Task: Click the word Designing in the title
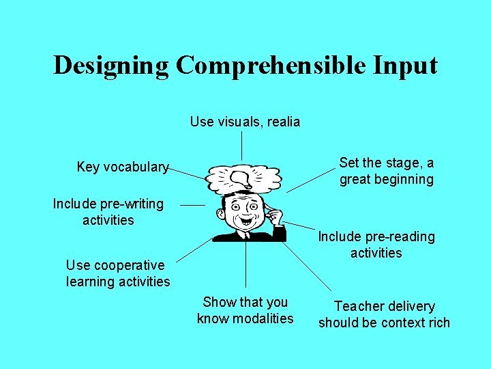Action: pos(110,66)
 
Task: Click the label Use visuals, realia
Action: pos(245,122)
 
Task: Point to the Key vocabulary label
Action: pos(123,167)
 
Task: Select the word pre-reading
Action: pos(402,236)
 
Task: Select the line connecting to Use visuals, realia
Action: pos(242,146)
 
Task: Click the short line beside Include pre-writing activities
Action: pos(192,204)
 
